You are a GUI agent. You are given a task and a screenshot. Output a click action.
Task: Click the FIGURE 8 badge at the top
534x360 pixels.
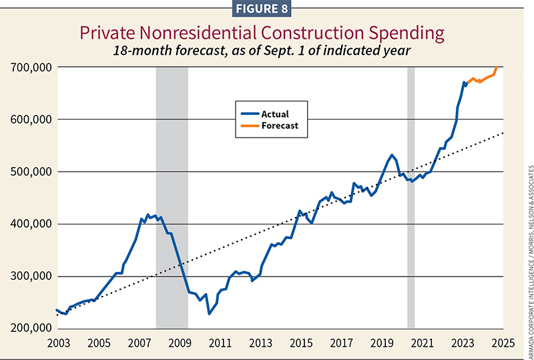[267, 10]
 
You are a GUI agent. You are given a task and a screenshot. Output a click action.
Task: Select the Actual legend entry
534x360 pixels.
[274, 114]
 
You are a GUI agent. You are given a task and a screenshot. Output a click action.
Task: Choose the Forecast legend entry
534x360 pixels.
[278, 125]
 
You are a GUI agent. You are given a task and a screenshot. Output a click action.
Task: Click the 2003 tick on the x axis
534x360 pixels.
[56, 343]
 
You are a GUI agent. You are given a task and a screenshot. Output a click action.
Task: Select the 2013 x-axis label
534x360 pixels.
[260, 343]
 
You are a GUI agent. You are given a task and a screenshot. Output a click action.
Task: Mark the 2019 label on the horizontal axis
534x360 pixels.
[382, 343]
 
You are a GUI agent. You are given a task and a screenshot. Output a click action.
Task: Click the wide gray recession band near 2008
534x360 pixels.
[172, 200]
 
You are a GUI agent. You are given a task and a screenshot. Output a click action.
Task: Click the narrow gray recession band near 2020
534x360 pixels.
[411, 200]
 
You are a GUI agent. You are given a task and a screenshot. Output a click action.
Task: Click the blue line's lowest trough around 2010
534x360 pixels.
[209, 313]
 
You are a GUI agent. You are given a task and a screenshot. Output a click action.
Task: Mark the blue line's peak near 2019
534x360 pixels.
[392, 156]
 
